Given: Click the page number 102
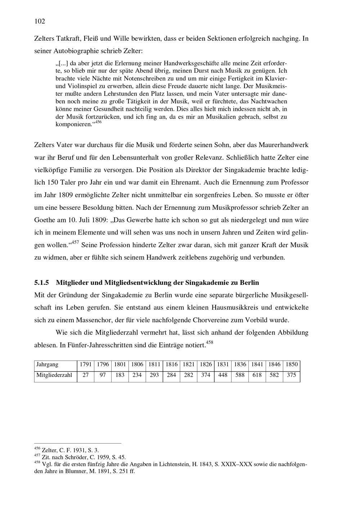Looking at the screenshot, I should pyautogui.click(x=40, y=22).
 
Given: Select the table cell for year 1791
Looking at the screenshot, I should pyautogui.click(x=86, y=364).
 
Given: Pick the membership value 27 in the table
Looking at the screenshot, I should pyautogui.click(x=86, y=375).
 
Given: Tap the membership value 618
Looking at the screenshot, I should pyautogui.click(x=257, y=375).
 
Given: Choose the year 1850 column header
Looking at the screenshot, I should pyautogui.click(x=292, y=364).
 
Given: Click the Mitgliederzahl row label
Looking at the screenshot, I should pyautogui.click(x=54, y=375).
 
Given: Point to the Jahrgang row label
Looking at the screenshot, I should pyautogui.click(x=47, y=364).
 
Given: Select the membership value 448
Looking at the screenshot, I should pyautogui.click(x=223, y=375).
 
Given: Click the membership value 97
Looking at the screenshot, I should pyautogui.click(x=103, y=375).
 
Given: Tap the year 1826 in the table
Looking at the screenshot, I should pyautogui.click(x=206, y=364).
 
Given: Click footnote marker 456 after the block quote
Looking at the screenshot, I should pyautogui.click(x=98, y=122).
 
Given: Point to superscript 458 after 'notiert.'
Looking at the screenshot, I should pyautogui.click(x=210, y=342).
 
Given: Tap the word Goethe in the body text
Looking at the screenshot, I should pyautogui.click(x=45, y=220).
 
